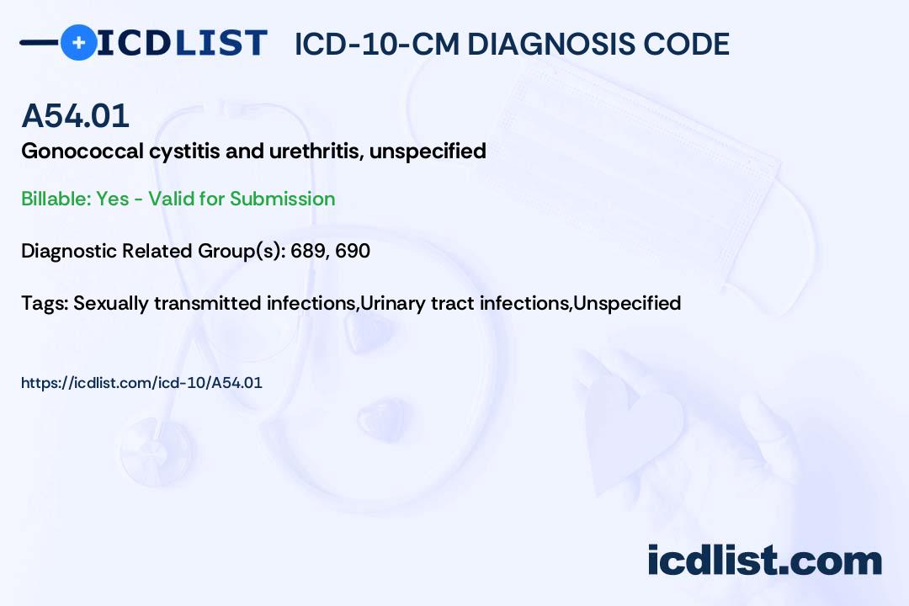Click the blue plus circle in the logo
pos(78,42)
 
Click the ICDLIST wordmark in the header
pos(182,43)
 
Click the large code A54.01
pos(76,115)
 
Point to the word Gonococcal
pos(82,151)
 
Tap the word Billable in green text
pos(56,199)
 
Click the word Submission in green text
pos(283,199)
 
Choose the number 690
pos(353,251)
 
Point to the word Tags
pos(45,303)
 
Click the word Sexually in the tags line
pos(111,303)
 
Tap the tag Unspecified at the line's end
pos(627,303)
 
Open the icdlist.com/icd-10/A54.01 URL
pos(141,383)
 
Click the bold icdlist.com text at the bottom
pos(764,561)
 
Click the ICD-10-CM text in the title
pos(377,44)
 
